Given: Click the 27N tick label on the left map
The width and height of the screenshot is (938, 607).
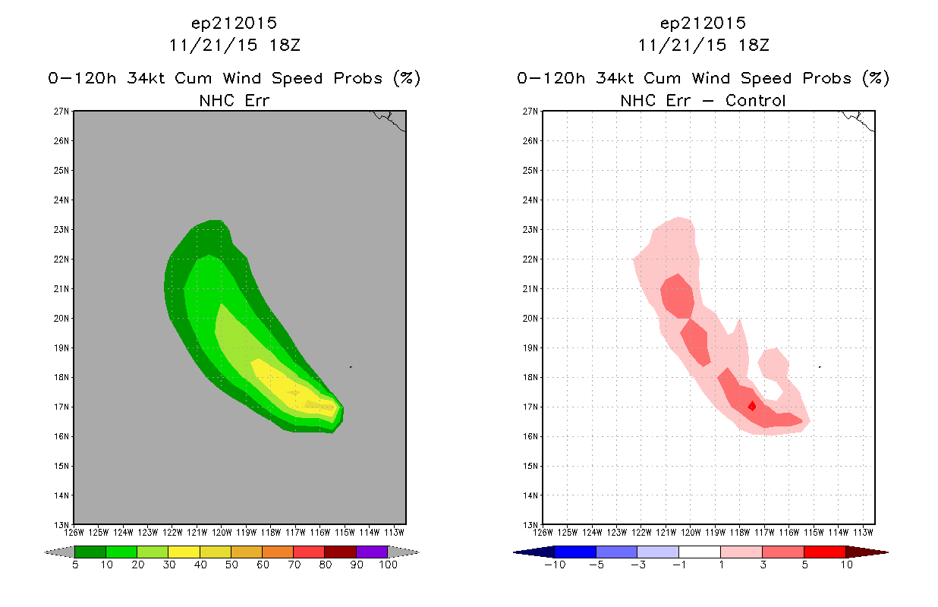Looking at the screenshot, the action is [61, 112].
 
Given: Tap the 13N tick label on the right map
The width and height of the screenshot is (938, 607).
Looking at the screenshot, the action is [530, 525].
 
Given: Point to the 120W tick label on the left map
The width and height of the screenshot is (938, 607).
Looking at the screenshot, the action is [222, 533].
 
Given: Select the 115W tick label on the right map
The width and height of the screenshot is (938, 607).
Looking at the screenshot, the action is [814, 533].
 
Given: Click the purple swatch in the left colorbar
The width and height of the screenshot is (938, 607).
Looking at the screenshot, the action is [372, 552].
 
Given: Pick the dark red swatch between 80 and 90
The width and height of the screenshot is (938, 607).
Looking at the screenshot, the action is [341, 552].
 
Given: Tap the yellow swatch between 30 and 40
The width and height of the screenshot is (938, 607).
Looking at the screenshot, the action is [184, 552].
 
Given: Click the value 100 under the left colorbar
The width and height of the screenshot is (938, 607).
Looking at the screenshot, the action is [388, 565].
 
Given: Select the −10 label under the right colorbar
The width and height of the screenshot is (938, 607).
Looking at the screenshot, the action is [555, 565].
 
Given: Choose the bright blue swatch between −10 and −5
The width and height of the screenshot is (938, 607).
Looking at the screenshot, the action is [575, 552].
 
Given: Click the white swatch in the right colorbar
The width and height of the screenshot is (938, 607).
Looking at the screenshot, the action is [700, 552].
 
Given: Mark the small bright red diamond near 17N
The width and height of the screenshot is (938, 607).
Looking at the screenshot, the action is [752, 406].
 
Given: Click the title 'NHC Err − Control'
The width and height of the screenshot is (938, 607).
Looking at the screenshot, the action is [703, 100].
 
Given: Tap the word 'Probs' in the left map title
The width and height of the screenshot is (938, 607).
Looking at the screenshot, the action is [358, 78].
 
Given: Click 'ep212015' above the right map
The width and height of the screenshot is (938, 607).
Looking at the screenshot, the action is [703, 24].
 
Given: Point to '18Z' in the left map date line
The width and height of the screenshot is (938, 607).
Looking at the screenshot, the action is [285, 46].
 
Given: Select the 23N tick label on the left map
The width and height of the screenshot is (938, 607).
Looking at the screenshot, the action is [61, 229].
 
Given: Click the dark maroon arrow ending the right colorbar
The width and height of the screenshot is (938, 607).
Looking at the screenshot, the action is [867, 552].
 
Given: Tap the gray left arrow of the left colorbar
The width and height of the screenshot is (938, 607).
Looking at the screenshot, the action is [59, 552].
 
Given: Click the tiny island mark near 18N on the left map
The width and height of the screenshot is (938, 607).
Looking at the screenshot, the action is [351, 367].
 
